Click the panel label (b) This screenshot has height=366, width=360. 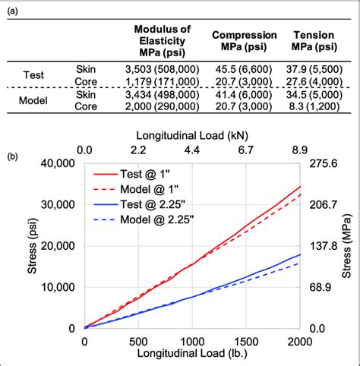click(13, 157)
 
